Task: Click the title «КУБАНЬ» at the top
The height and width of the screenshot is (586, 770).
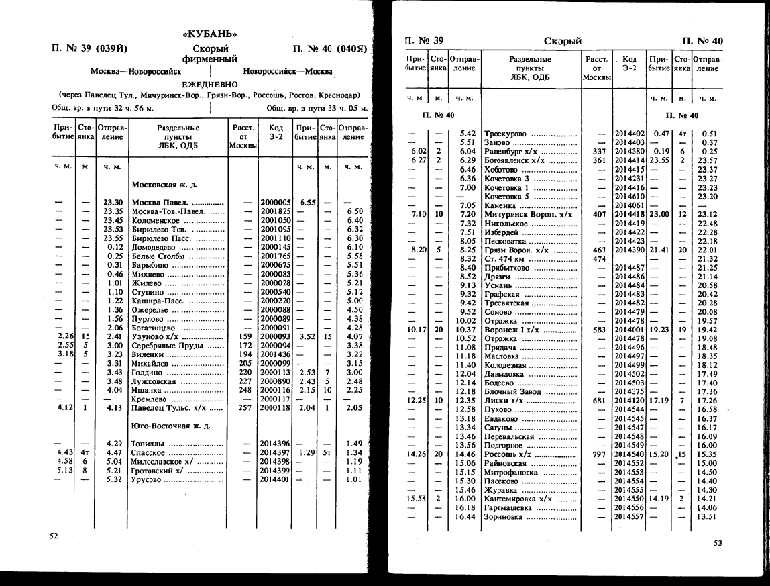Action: pyautogui.click(x=210, y=34)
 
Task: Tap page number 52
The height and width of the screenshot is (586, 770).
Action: pyautogui.click(x=54, y=536)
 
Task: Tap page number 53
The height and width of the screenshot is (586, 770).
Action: pyautogui.click(x=718, y=543)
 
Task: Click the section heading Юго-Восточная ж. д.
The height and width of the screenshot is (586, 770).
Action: pyautogui.click(x=170, y=426)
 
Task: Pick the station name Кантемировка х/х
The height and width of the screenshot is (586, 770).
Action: pyautogui.click(x=516, y=500)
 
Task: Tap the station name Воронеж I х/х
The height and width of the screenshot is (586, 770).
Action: pyautogui.click(x=516, y=330)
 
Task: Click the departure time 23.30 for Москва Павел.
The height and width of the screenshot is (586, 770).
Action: pyautogui.click(x=111, y=201)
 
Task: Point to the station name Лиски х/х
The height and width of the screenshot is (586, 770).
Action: pyautogui.click(x=504, y=400)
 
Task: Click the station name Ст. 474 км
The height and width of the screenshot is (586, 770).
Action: pyautogui.click(x=504, y=259)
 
